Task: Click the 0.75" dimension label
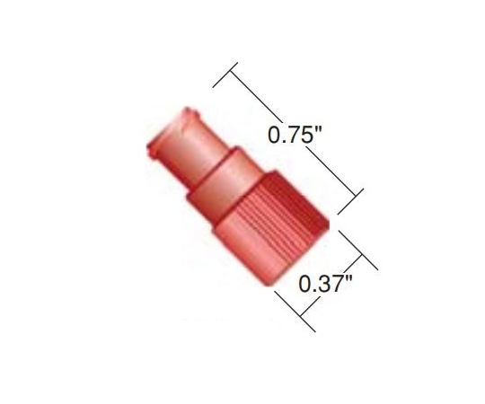pyautogui.click(x=295, y=137)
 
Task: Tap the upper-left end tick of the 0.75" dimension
pyautogui.click(x=225, y=75)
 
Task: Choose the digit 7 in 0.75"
pyautogui.click(x=292, y=137)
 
